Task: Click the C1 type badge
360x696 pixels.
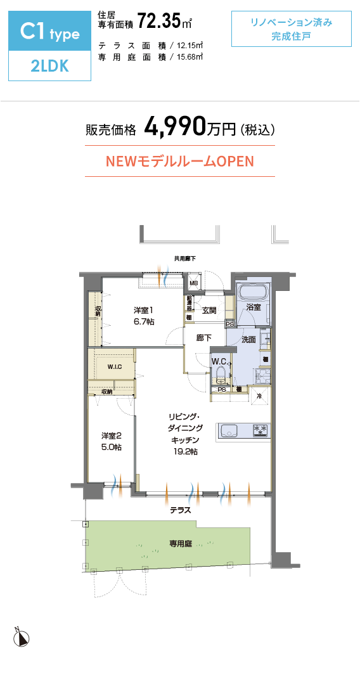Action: click(50, 32)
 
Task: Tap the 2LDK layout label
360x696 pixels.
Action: click(50, 67)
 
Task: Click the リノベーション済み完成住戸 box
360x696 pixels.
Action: click(291, 29)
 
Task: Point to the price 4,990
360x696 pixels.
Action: click(175, 127)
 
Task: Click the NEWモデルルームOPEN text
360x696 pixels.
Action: click(179, 161)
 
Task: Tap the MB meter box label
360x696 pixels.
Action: click(194, 283)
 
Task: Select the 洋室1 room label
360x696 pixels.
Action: click(143, 310)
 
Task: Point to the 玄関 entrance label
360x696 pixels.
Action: click(209, 311)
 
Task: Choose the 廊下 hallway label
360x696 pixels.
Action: click(203, 338)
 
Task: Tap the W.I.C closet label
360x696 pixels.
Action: click(114, 367)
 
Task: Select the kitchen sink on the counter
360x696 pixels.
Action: click(228, 431)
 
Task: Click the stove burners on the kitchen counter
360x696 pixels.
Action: click(260, 430)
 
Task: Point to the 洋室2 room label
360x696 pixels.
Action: click(111, 435)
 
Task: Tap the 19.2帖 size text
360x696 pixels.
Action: click(185, 452)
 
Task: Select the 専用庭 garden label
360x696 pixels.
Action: click(181, 543)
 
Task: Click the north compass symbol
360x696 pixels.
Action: click(22, 638)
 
